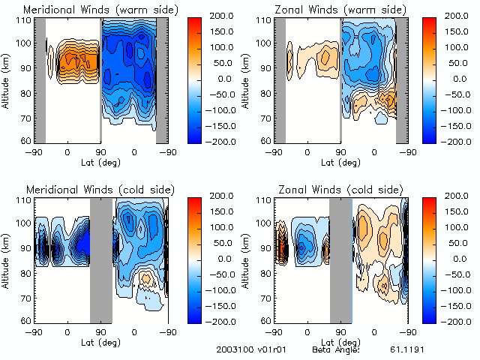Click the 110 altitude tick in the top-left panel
point(24,19)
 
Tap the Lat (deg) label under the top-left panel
point(100,161)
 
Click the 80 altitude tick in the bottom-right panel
point(265,272)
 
